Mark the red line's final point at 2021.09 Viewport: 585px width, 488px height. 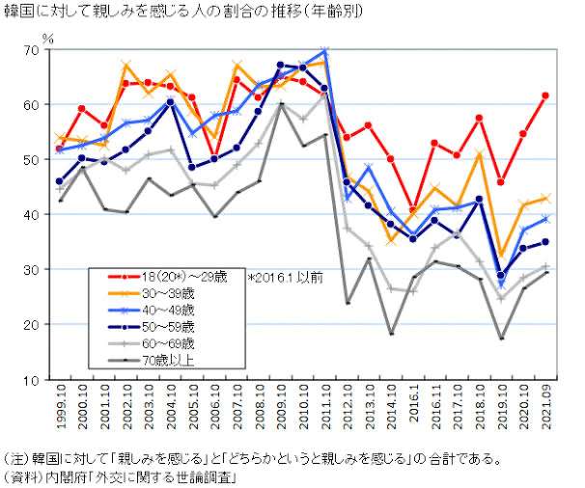(545, 95)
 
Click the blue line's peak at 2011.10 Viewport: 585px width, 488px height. (324, 51)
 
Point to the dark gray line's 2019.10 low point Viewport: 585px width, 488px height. (501, 339)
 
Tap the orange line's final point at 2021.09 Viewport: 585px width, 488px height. (545, 198)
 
